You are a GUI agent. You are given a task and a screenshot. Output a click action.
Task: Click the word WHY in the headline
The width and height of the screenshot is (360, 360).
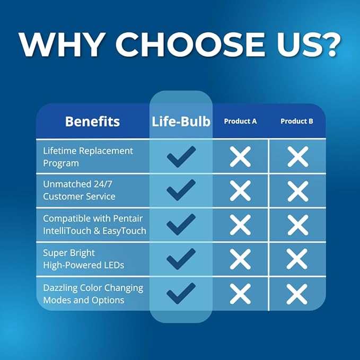click(x=61, y=45)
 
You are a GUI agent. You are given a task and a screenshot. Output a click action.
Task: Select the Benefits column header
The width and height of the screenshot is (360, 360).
click(x=93, y=121)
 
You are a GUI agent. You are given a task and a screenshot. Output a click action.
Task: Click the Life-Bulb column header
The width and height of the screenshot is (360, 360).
click(x=181, y=121)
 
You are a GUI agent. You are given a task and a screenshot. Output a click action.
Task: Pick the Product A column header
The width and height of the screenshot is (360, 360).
click(x=240, y=121)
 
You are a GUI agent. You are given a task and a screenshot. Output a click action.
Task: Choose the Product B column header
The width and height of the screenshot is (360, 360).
click(x=296, y=121)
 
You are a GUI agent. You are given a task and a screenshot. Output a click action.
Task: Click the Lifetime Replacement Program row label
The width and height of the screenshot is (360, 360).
click(x=88, y=157)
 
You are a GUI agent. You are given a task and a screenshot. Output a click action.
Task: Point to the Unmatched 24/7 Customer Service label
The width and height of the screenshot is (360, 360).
click(x=79, y=190)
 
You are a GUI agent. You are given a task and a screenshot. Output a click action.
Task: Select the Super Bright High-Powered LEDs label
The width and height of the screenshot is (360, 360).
click(x=83, y=259)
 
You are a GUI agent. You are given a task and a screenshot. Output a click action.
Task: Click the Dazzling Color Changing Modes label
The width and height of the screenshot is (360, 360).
click(x=93, y=294)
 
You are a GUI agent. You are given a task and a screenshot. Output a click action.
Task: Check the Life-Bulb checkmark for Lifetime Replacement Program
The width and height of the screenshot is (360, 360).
click(x=181, y=156)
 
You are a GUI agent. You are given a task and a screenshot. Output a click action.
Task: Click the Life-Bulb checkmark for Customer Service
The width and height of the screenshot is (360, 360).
click(x=181, y=190)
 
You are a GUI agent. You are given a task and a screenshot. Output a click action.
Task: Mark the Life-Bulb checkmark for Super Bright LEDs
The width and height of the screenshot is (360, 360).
click(x=181, y=259)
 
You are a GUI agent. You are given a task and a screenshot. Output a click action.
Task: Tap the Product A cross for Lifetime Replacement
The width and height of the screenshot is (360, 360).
click(x=240, y=156)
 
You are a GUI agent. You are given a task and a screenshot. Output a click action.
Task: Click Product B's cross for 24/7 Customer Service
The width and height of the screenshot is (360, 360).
click(x=298, y=191)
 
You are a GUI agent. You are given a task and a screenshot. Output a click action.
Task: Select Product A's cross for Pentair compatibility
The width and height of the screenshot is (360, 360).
click(x=240, y=225)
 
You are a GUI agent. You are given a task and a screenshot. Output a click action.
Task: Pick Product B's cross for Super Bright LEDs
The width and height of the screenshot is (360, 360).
click(x=297, y=259)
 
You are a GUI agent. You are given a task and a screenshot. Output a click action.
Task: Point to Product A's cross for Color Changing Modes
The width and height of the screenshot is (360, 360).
click(x=240, y=294)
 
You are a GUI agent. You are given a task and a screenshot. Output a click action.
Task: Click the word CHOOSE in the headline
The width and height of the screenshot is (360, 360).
click(x=190, y=45)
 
